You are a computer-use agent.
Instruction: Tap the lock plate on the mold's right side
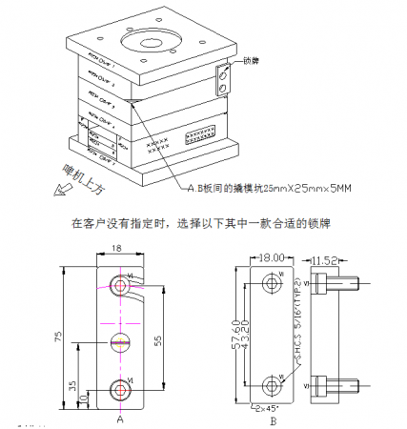pos(224,80)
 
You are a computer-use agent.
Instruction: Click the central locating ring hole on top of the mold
pos(149,42)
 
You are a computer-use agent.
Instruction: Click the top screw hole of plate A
pos(119,286)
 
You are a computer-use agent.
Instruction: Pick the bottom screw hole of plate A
pos(119,388)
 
